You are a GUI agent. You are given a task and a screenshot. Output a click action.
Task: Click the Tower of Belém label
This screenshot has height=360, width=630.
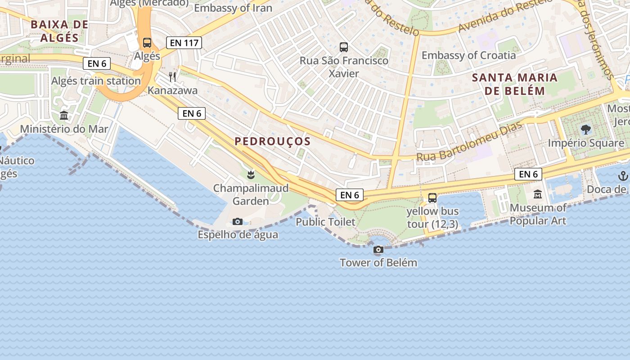pos(378,263)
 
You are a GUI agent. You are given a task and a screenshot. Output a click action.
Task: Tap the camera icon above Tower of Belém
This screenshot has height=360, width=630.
pos(378,250)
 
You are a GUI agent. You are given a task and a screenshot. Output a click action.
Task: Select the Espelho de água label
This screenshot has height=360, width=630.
pos(238,234)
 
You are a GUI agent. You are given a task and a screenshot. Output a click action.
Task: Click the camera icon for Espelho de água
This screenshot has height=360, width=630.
pos(238,221)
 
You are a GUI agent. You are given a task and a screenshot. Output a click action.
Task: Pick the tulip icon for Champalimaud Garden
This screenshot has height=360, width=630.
pos(251,175)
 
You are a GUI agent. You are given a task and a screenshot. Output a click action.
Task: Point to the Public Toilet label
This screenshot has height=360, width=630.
pos(325,222)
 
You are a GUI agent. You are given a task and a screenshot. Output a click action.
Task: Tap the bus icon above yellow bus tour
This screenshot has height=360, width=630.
pos(432,198)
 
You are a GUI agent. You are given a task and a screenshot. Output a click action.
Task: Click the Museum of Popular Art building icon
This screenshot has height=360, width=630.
pos(538,194)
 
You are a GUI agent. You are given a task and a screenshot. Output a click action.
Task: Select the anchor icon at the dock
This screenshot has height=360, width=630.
pos(623,176)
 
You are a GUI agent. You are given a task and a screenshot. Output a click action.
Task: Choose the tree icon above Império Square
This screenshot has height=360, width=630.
pos(586,130)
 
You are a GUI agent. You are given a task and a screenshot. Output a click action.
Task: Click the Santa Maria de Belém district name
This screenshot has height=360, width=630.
pos(514,84)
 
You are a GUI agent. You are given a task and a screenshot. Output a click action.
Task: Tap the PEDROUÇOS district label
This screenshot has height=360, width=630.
pos(273,141)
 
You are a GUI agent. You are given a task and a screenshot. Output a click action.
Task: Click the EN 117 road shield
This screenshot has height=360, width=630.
pos(184,43)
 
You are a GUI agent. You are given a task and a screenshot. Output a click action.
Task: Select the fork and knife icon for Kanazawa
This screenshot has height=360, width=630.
pos(172,77)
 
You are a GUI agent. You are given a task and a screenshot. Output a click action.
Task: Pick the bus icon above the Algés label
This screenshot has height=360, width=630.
pos(147,43)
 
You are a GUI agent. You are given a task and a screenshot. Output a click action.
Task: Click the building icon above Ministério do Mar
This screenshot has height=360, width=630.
pos(64,116)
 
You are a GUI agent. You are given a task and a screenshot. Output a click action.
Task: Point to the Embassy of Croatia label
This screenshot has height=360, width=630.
pos(468,55)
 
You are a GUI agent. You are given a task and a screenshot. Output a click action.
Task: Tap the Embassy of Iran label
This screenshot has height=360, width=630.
pos(233,8)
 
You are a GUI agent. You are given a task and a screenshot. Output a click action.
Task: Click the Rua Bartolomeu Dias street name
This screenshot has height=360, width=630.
pos(469,141)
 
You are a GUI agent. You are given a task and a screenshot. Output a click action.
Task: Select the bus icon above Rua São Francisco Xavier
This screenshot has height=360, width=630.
pos(344,47)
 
